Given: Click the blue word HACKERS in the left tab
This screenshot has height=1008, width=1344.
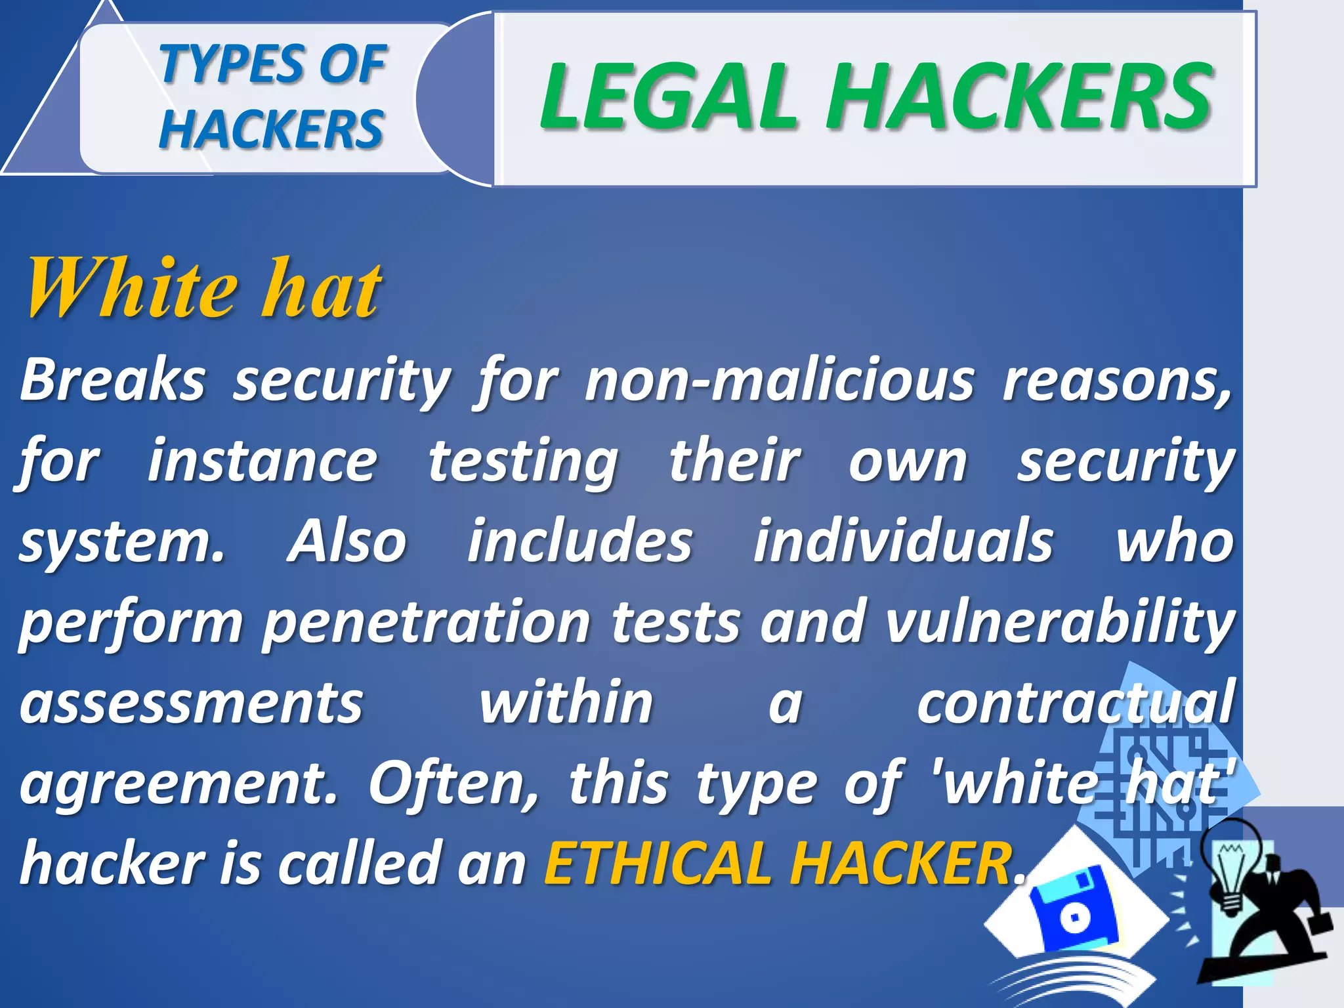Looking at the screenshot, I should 271,129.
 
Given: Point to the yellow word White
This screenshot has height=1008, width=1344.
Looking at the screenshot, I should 131,289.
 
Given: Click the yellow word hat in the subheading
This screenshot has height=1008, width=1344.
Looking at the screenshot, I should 321,289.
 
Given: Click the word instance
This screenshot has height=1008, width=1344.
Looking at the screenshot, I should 262,461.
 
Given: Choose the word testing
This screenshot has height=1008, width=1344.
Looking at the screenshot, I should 523,461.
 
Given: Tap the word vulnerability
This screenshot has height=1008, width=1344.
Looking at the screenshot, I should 1060,623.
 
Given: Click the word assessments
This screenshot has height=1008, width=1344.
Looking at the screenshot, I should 191,703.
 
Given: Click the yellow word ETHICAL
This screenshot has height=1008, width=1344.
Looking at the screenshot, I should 657,864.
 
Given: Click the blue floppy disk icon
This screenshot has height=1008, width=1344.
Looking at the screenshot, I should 1074,909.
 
